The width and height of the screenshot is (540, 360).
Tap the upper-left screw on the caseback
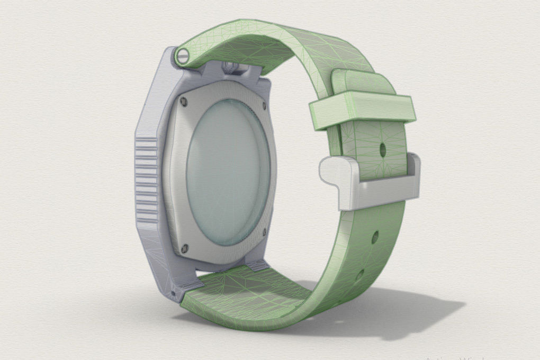pyautogui.click(x=184, y=101)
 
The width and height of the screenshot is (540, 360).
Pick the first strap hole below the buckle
pyautogui.click(x=374, y=237)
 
